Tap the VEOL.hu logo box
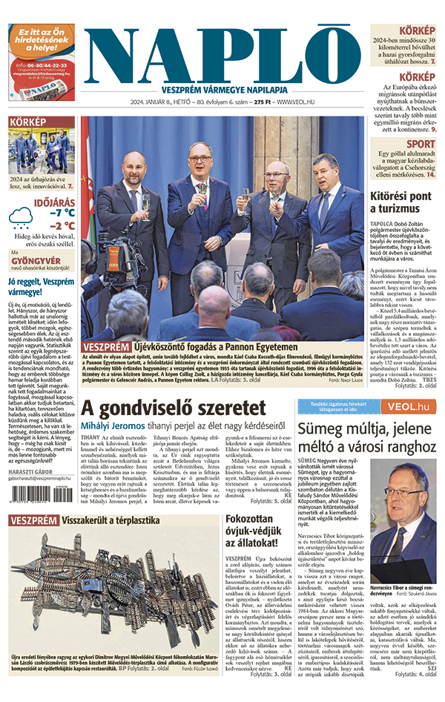pyautogui.click(x=405, y=406)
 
